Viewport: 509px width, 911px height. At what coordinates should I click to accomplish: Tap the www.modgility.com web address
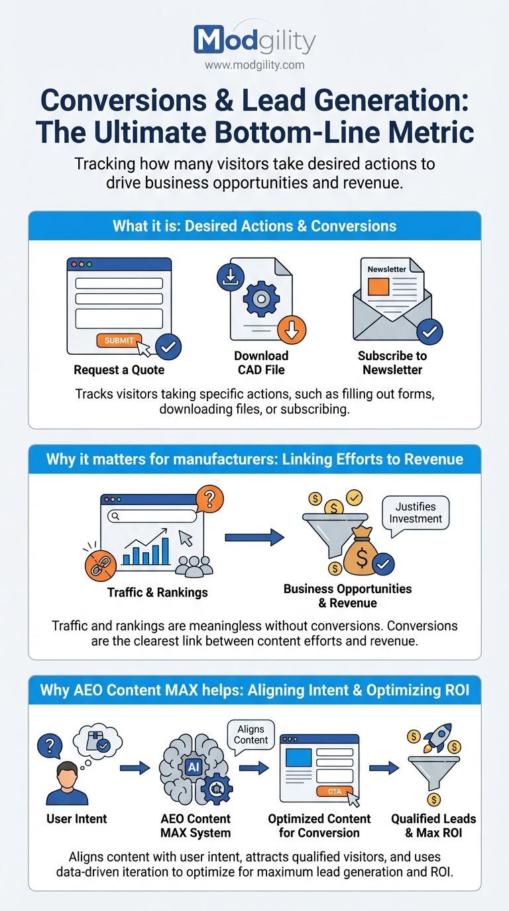(x=254, y=65)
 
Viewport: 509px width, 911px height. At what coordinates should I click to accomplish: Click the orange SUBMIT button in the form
(x=119, y=340)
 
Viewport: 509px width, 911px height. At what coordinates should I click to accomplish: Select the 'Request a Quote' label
(x=119, y=370)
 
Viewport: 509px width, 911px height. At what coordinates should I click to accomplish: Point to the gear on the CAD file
(x=261, y=299)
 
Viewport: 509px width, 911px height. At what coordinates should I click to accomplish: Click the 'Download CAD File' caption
(x=261, y=363)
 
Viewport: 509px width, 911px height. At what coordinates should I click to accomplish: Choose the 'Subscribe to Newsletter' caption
(x=392, y=363)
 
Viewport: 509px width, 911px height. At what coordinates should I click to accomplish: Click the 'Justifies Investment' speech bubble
(x=416, y=512)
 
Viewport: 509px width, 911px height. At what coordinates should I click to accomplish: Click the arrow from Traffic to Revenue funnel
(x=254, y=537)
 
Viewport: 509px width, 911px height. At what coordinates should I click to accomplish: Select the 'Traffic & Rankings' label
(x=157, y=593)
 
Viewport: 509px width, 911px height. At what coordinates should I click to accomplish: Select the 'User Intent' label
(x=77, y=819)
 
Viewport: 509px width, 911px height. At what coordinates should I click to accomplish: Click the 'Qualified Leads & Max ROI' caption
(x=433, y=826)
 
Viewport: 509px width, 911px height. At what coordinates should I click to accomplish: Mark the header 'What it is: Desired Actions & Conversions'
(x=254, y=226)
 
